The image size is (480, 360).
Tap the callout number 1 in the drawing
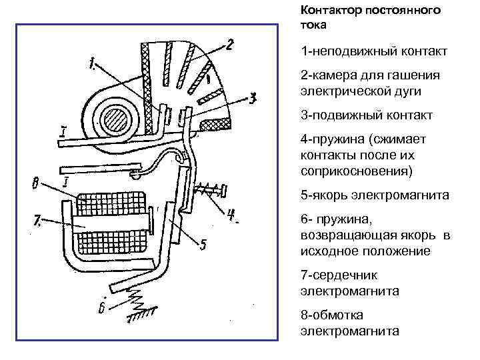pyautogui.click(x=92, y=65)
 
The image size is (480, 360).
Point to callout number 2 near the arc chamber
pyautogui.click(x=229, y=45)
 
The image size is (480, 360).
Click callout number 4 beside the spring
pyautogui.click(x=231, y=215)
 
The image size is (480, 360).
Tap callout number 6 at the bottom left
pyautogui.click(x=101, y=308)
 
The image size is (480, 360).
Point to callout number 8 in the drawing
pyautogui.click(x=36, y=181)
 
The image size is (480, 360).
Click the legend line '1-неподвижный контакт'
pyautogui.click(x=373, y=51)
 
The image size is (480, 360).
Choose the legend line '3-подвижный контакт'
pyautogui.click(x=367, y=115)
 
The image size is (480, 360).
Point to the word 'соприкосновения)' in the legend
pyautogui.click(x=356, y=171)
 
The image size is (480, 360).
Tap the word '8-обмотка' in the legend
pyautogui.click(x=331, y=315)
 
